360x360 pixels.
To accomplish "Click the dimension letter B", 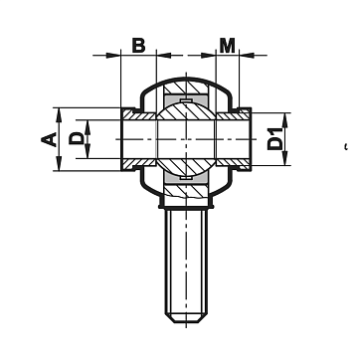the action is tap(138, 46).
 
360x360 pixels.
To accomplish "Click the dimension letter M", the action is tap(227, 46).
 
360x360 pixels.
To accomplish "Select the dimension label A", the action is tap(49, 139).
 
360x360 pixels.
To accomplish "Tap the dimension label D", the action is tap(77, 138).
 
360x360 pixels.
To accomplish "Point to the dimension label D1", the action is tap(275, 139).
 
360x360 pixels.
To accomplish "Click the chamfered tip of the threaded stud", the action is tap(186, 318).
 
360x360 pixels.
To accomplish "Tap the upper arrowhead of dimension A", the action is tap(59, 115).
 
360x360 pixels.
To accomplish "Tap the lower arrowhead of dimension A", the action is tap(59, 164).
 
